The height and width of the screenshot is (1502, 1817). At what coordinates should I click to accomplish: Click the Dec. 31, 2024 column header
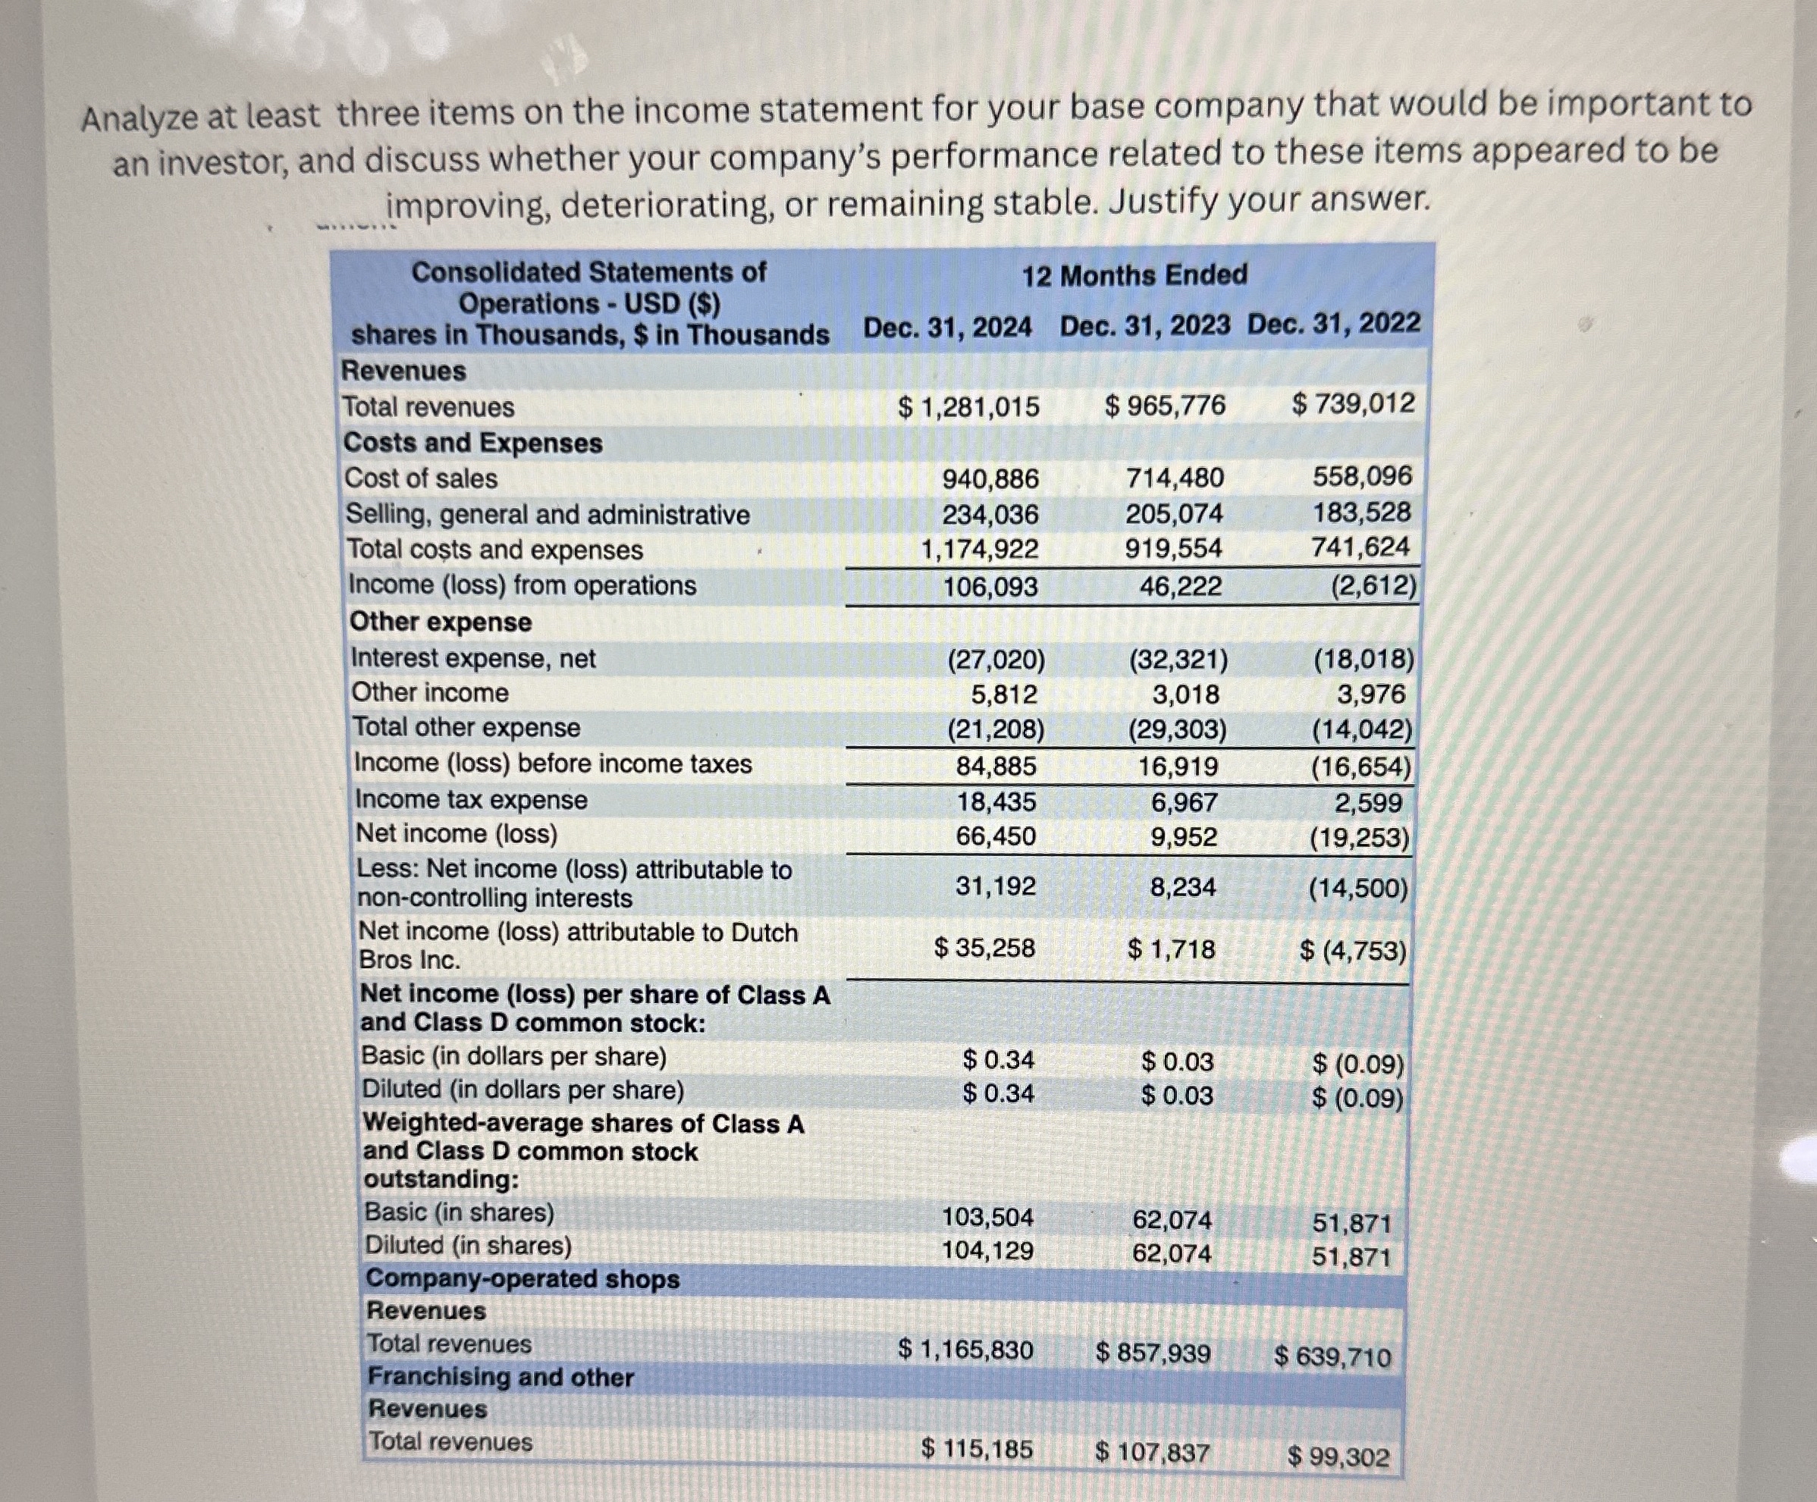coord(947,327)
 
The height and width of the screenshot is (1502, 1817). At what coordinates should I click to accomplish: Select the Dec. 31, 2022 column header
coord(1333,324)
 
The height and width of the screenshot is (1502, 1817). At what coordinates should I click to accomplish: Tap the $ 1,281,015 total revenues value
coord(968,406)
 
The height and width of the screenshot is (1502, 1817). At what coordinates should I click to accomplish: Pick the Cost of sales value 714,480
coord(1174,478)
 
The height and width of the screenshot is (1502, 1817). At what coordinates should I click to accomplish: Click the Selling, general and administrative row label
coord(547,515)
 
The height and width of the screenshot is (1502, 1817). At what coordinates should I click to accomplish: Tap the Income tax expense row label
coord(471,799)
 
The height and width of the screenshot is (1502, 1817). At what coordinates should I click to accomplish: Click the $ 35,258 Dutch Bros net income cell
coord(984,949)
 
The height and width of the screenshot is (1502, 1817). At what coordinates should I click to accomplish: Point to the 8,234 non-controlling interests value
coord(1183,887)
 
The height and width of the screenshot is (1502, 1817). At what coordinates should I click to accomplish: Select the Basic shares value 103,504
coord(987,1218)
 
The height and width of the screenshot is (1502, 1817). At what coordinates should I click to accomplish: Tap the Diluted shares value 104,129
coord(987,1250)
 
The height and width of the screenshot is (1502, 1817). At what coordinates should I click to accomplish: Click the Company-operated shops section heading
coord(523,1279)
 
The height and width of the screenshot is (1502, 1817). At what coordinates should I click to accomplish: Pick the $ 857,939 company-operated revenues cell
coord(1153,1353)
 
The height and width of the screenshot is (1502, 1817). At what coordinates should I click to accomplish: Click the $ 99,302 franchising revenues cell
coord(1338,1457)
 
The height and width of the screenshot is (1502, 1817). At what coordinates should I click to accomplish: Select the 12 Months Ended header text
coord(1134,276)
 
